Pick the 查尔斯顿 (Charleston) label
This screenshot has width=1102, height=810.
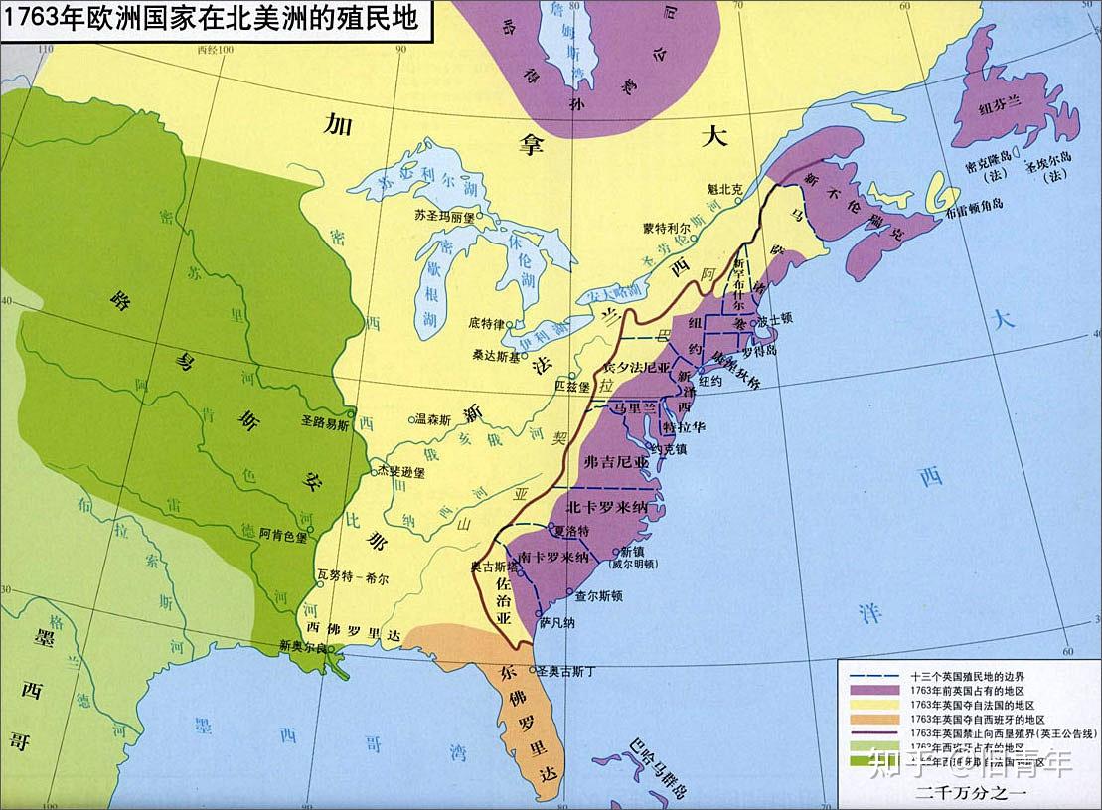599,597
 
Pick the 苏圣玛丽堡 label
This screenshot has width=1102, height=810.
445,215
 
